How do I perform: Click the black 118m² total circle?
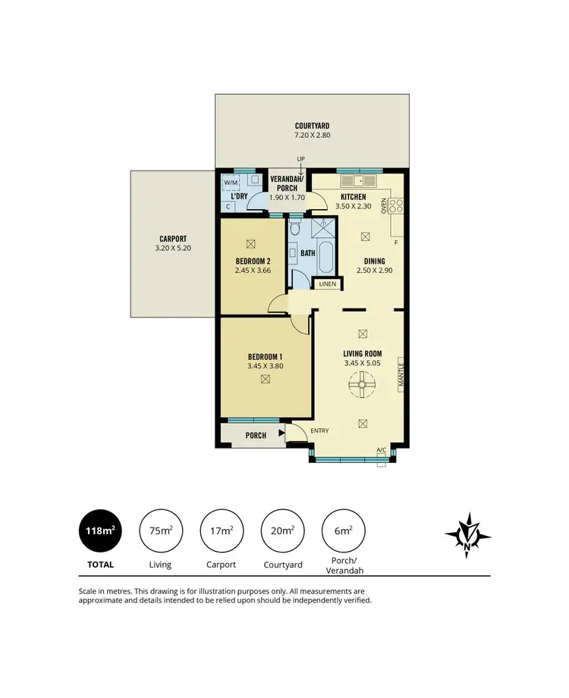(100, 531)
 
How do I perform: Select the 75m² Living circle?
(160, 531)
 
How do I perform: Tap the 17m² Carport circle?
(221, 531)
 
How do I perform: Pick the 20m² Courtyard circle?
(281, 531)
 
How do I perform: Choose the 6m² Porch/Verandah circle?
(342, 531)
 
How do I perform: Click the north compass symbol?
(469, 536)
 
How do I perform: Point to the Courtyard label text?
(312, 126)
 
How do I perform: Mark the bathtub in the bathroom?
(326, 258)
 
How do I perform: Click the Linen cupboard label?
(327, 284)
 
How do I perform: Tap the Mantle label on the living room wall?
(401, 376)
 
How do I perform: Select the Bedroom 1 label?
(265, 357)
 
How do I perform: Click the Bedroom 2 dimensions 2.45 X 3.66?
(253, 270)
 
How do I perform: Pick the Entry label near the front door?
(320, 431)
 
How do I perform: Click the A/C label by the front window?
(382, 451)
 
